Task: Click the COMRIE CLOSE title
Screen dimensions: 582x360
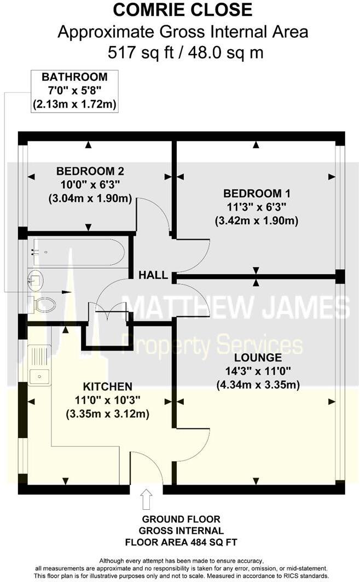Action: click(x=183, y=10)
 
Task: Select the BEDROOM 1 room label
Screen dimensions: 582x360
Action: click(x=257, y=194)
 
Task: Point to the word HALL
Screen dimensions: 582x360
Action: click(x=153, y=275)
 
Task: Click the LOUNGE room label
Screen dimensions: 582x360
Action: click(x=258, y=358)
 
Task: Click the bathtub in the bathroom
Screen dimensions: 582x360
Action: click(x=77, y=252)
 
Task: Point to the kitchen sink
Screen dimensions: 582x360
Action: click(x=39, y=376)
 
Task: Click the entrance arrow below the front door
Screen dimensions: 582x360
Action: click(x=146, y=499)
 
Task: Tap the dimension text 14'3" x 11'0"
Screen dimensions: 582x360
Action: click(x=258, y=372)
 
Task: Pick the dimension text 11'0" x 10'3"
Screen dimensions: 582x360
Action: click(x=107, y=400)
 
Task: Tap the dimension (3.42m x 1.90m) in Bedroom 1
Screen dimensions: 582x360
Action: click(x=257, y=221)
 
